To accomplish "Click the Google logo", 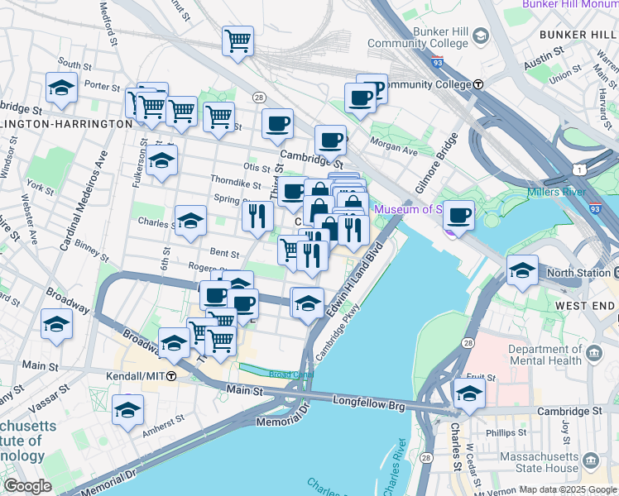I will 26,486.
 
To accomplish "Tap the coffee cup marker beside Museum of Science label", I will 458,216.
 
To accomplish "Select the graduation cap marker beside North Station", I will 522,270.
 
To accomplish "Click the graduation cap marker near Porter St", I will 60,88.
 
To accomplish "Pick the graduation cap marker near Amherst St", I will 127,410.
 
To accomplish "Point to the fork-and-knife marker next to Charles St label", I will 257,215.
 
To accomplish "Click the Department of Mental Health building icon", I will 593,355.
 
